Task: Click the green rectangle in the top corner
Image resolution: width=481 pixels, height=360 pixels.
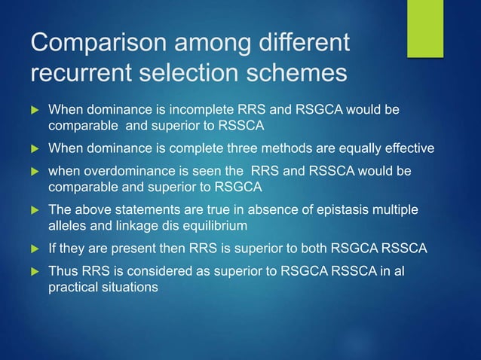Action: [x=425, y=28]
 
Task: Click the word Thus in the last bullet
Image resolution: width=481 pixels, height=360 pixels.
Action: [x=63, y=270]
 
